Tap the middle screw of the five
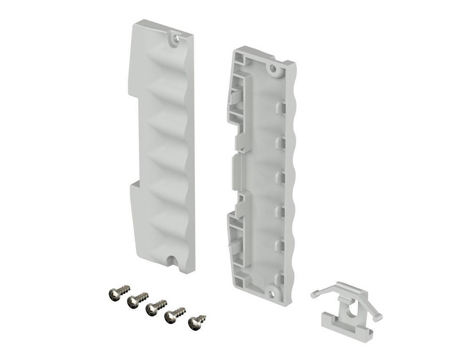(x=157, y=307)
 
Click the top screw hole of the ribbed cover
(x=174, y=39)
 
